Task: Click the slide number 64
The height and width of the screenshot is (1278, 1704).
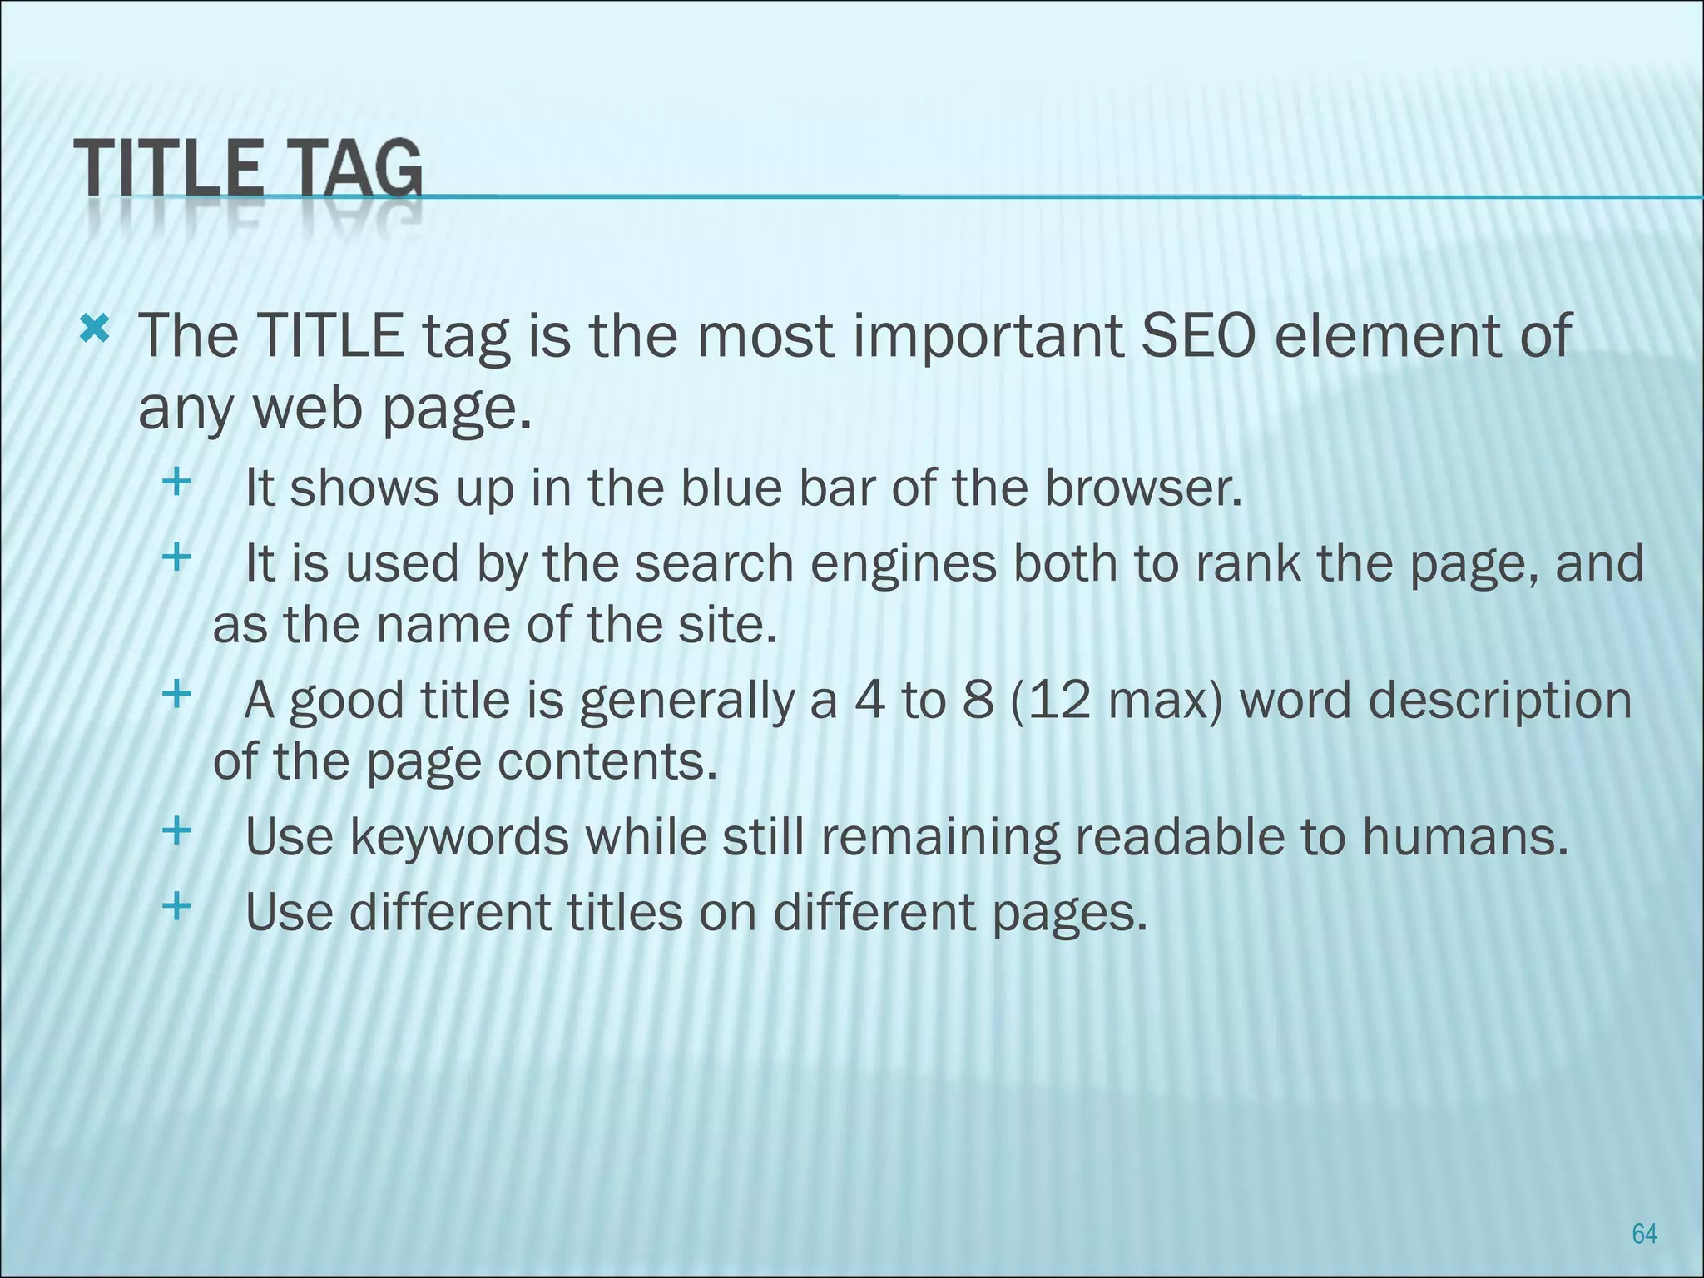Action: [x=1644, y=1233]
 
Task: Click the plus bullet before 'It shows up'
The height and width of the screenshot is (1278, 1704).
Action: [x=176, y=482]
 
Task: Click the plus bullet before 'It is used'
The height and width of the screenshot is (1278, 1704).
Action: [x=176, y=557]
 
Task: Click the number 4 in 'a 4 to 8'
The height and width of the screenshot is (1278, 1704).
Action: [x=870, y=700]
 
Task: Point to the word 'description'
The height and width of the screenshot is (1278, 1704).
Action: [x=1499, y=701]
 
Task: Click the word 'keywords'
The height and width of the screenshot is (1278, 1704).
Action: [x=459, y=837]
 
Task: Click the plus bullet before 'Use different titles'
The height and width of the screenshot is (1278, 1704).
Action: [x=176, y=905]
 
